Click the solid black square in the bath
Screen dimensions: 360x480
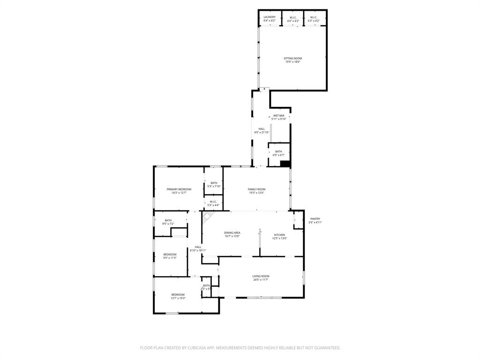(x=285, y=164)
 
